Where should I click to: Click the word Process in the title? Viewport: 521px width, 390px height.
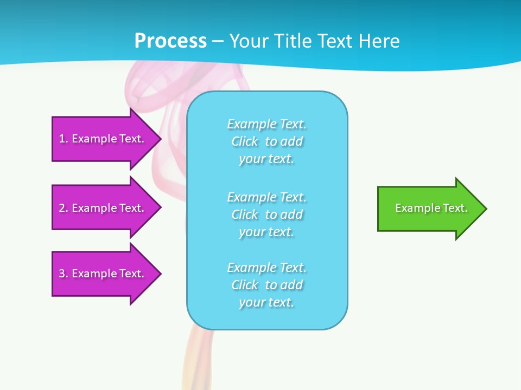point(170,41)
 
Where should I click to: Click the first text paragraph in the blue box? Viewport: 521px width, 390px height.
point(267,141)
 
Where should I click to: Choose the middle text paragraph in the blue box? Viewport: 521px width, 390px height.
point(267,214)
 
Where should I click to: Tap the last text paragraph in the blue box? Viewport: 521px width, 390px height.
point(267,285)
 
